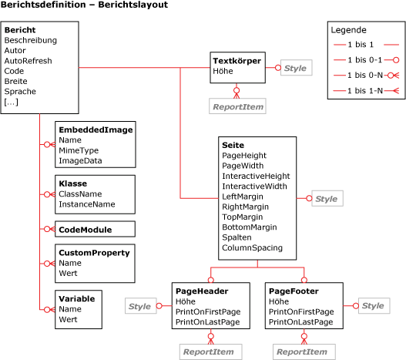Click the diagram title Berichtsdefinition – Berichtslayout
pyautogui.click(x=84, y=5)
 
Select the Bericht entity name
pyautogui.click(x=19, y=30)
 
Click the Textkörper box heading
pyautogui.click(x=237, y=60)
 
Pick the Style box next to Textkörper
pyautogui.click(x=295, y=69)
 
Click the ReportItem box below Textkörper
pyautogui.click(x=237, y=106)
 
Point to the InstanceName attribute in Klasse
pyautogui.click(x=87, y=204)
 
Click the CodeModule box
pyautogui.click(x=86, y=229)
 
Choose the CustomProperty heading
pyautogui.click(x=94, y=252)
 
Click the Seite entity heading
pyautogui.click(x=233, y=145)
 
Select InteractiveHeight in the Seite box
pyautogui.click(x=256, y=176)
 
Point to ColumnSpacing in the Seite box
pyautogui.click(x=252, y=248)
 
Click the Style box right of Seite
pyautogui.click(x=326, y=199)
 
